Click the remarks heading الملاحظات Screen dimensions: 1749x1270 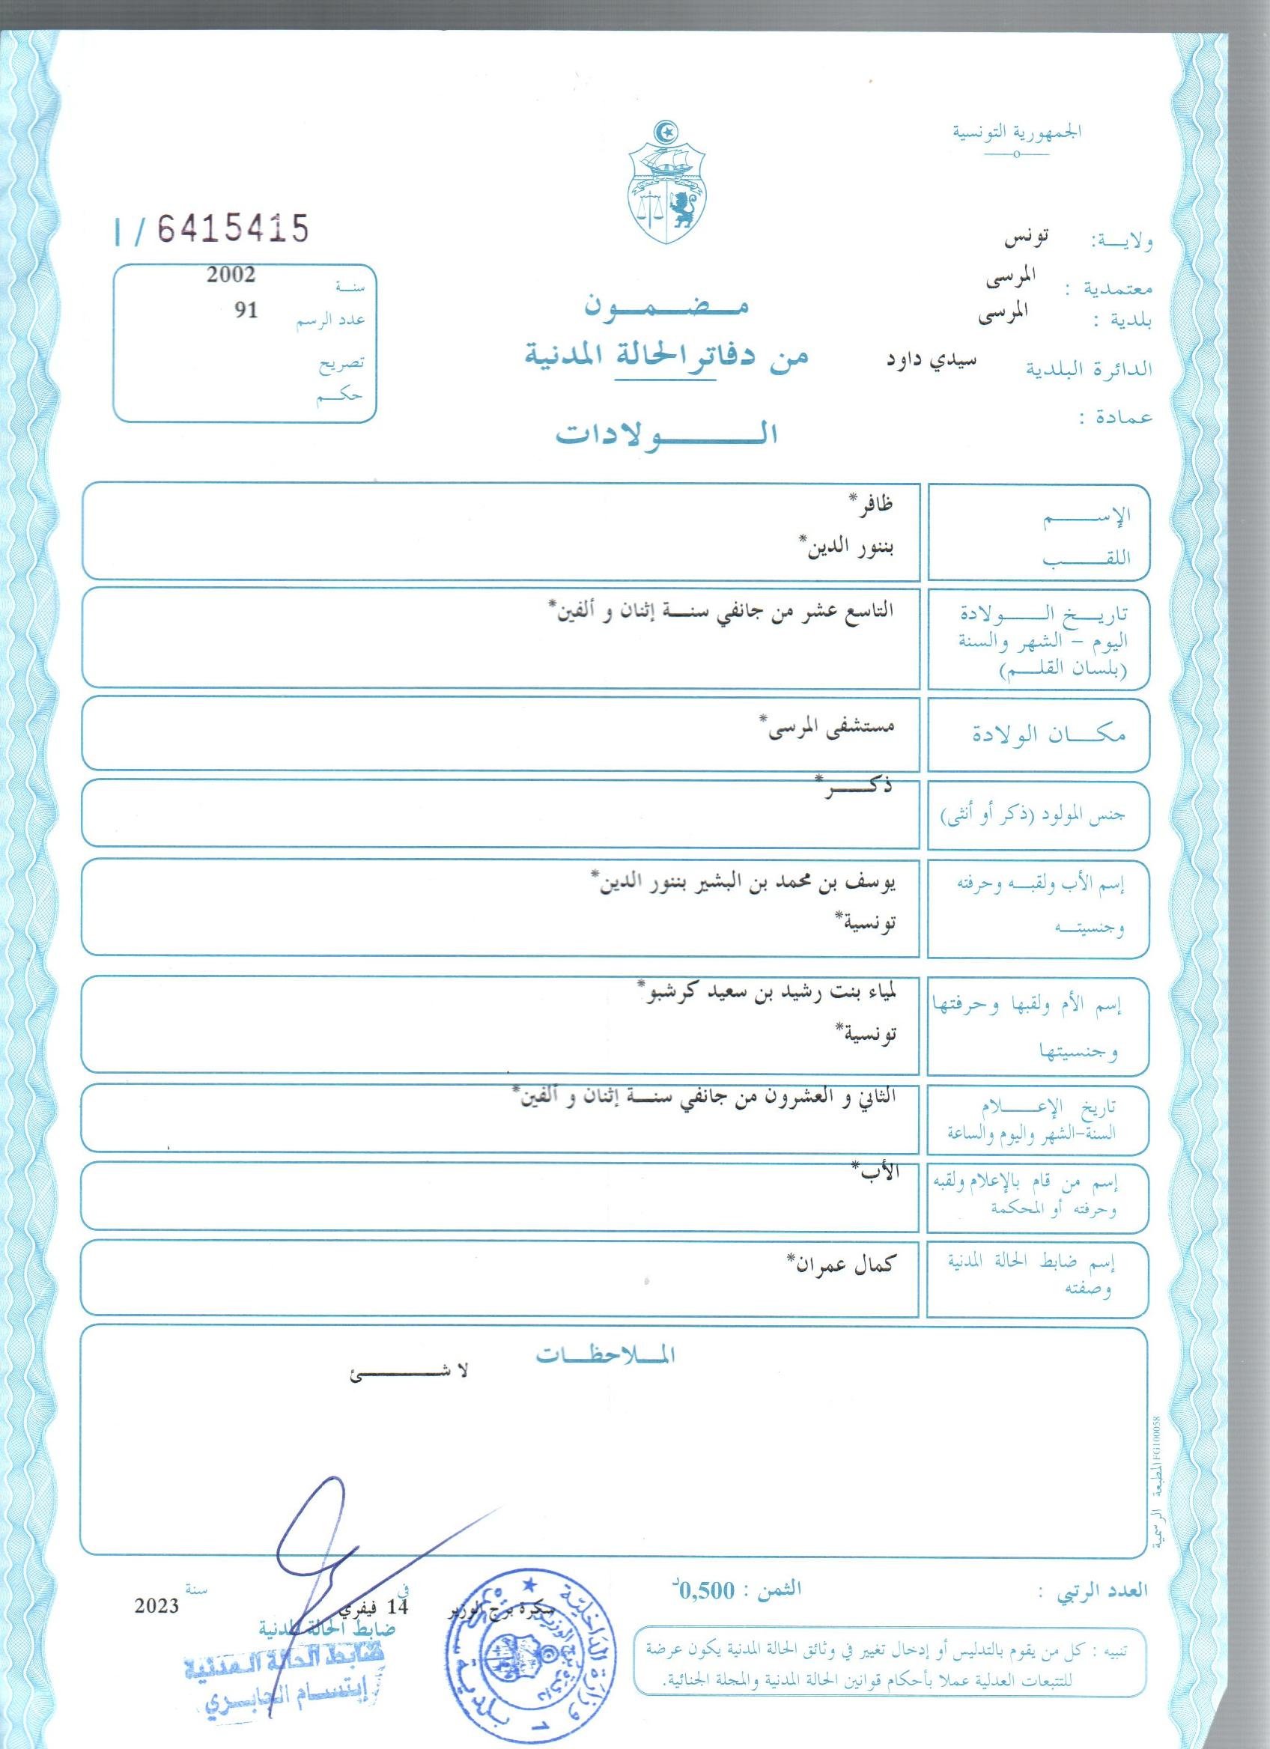pyautogui.click(x=605, y=1357)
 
